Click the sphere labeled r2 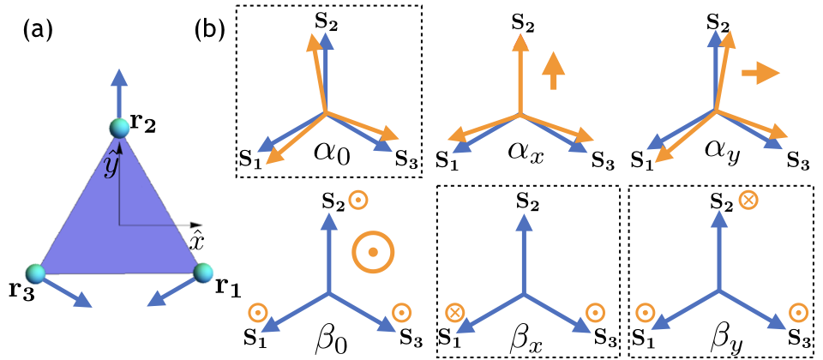(119, 129)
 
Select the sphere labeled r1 (203, 272)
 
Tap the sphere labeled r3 (35, 273)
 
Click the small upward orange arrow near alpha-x (554, 69)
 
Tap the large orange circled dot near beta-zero (372, 252)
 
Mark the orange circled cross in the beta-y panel (748, 201)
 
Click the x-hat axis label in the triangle (196, 242)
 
